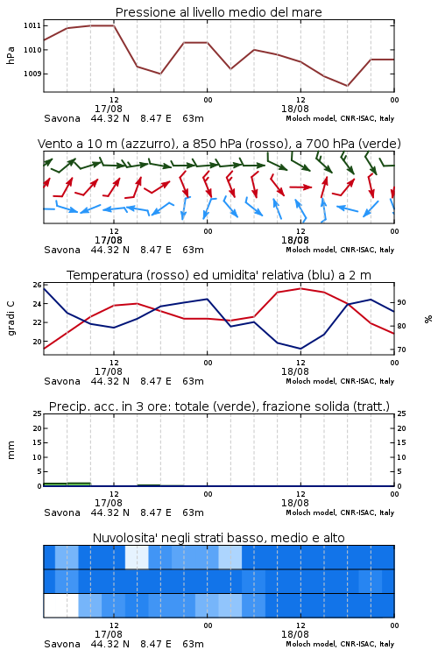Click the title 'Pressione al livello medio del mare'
tap(218, 12)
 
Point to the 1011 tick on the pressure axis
tap(32, 25)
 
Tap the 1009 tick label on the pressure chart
tap(32, 74)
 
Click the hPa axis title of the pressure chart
tap(11, 55)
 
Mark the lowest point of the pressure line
tap(347, 86)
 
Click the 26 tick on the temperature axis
tap(38, 285)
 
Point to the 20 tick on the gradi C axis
tap(38, 342)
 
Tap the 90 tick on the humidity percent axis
tap(401, 302)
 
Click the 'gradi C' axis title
tap(11, 319)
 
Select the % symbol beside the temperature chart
tap(428, 319)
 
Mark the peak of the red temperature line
tap(300, 288)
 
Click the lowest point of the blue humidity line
tap(300, 349)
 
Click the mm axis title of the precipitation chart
tap(11, 450)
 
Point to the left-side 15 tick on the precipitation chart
tap(38, 442)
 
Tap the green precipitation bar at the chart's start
tap(67, 484)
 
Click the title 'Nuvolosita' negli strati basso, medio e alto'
tap(218, 538)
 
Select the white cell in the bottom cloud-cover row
tap(60, 605)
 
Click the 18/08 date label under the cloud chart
tap(295, 634)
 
